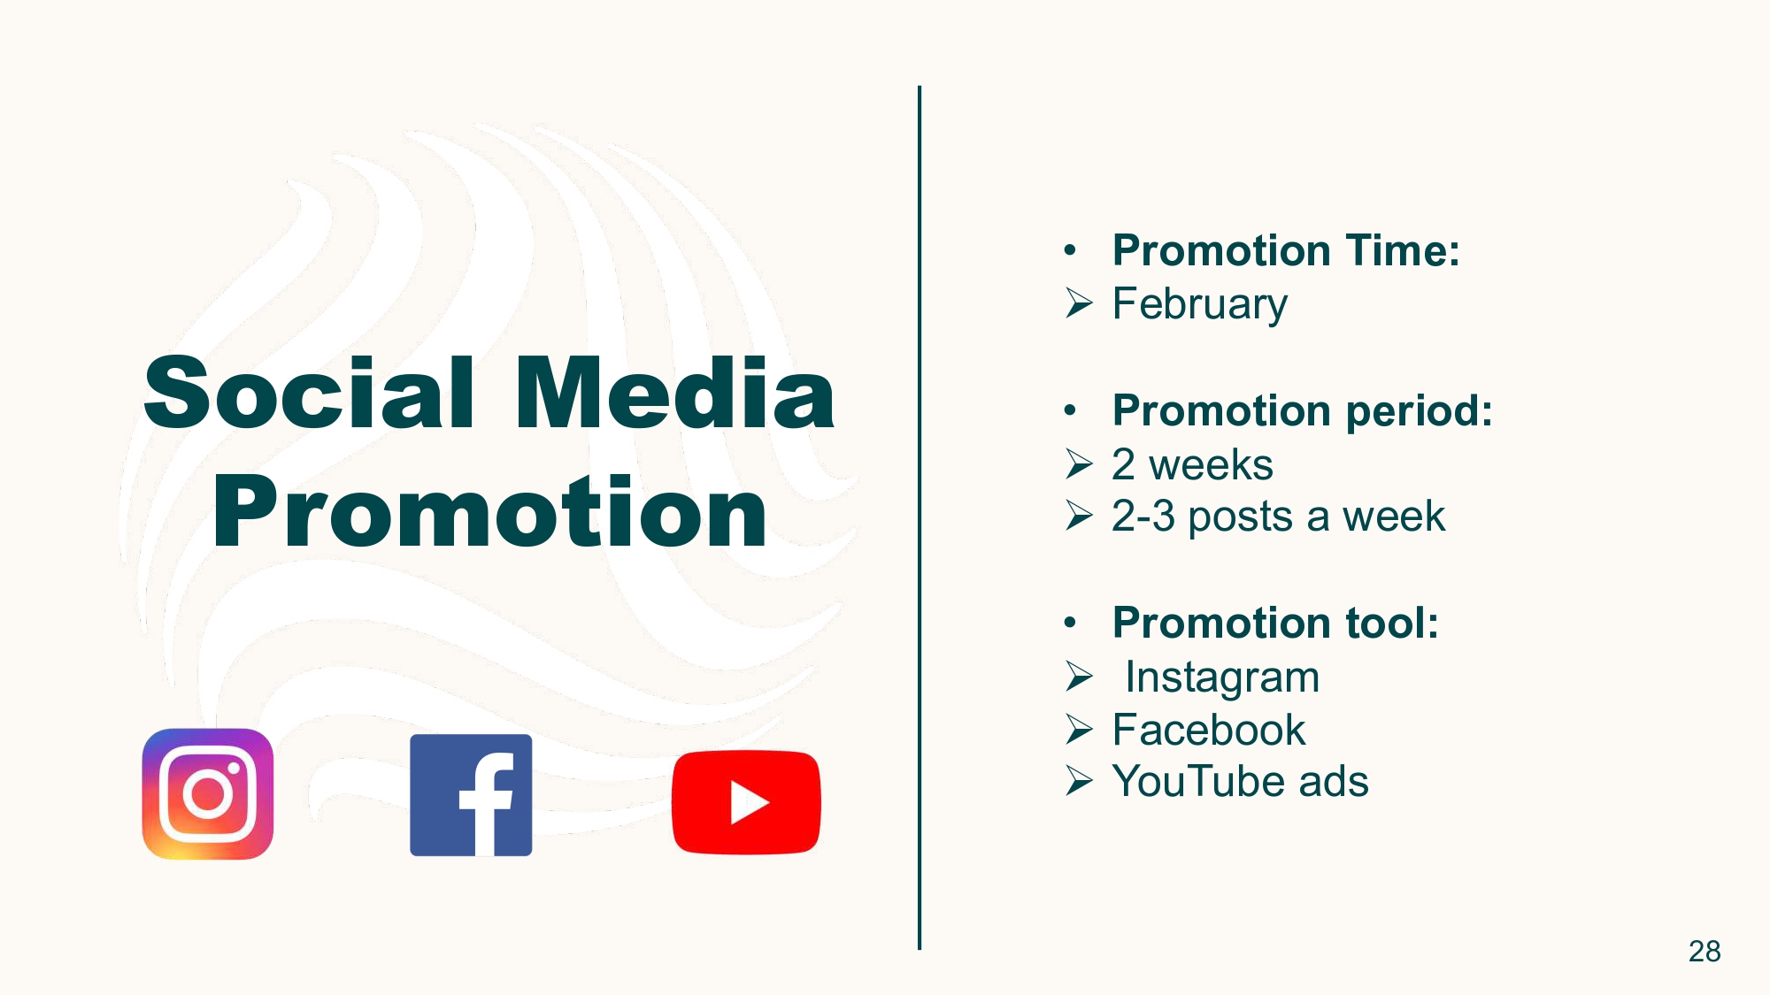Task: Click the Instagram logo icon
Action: coord(208,794)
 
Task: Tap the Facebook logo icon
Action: coord(471,795)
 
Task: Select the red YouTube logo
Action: coord(746,802)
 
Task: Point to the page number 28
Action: coord(1705,951)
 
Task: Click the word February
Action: coord(1199,305)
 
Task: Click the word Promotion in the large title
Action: coord(489,512)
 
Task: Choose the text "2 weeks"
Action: coord(1192,464)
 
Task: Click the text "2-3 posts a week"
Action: coord(1278,517)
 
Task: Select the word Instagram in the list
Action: coord(1222,677)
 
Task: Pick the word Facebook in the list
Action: coord(1209,730)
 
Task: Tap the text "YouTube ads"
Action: coord(1241,781)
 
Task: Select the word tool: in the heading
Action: coord(1392,623)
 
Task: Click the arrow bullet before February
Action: coord(1080,303)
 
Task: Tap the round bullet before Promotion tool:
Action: coord(1071,623)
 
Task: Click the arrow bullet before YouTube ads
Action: coord(1080,781)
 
